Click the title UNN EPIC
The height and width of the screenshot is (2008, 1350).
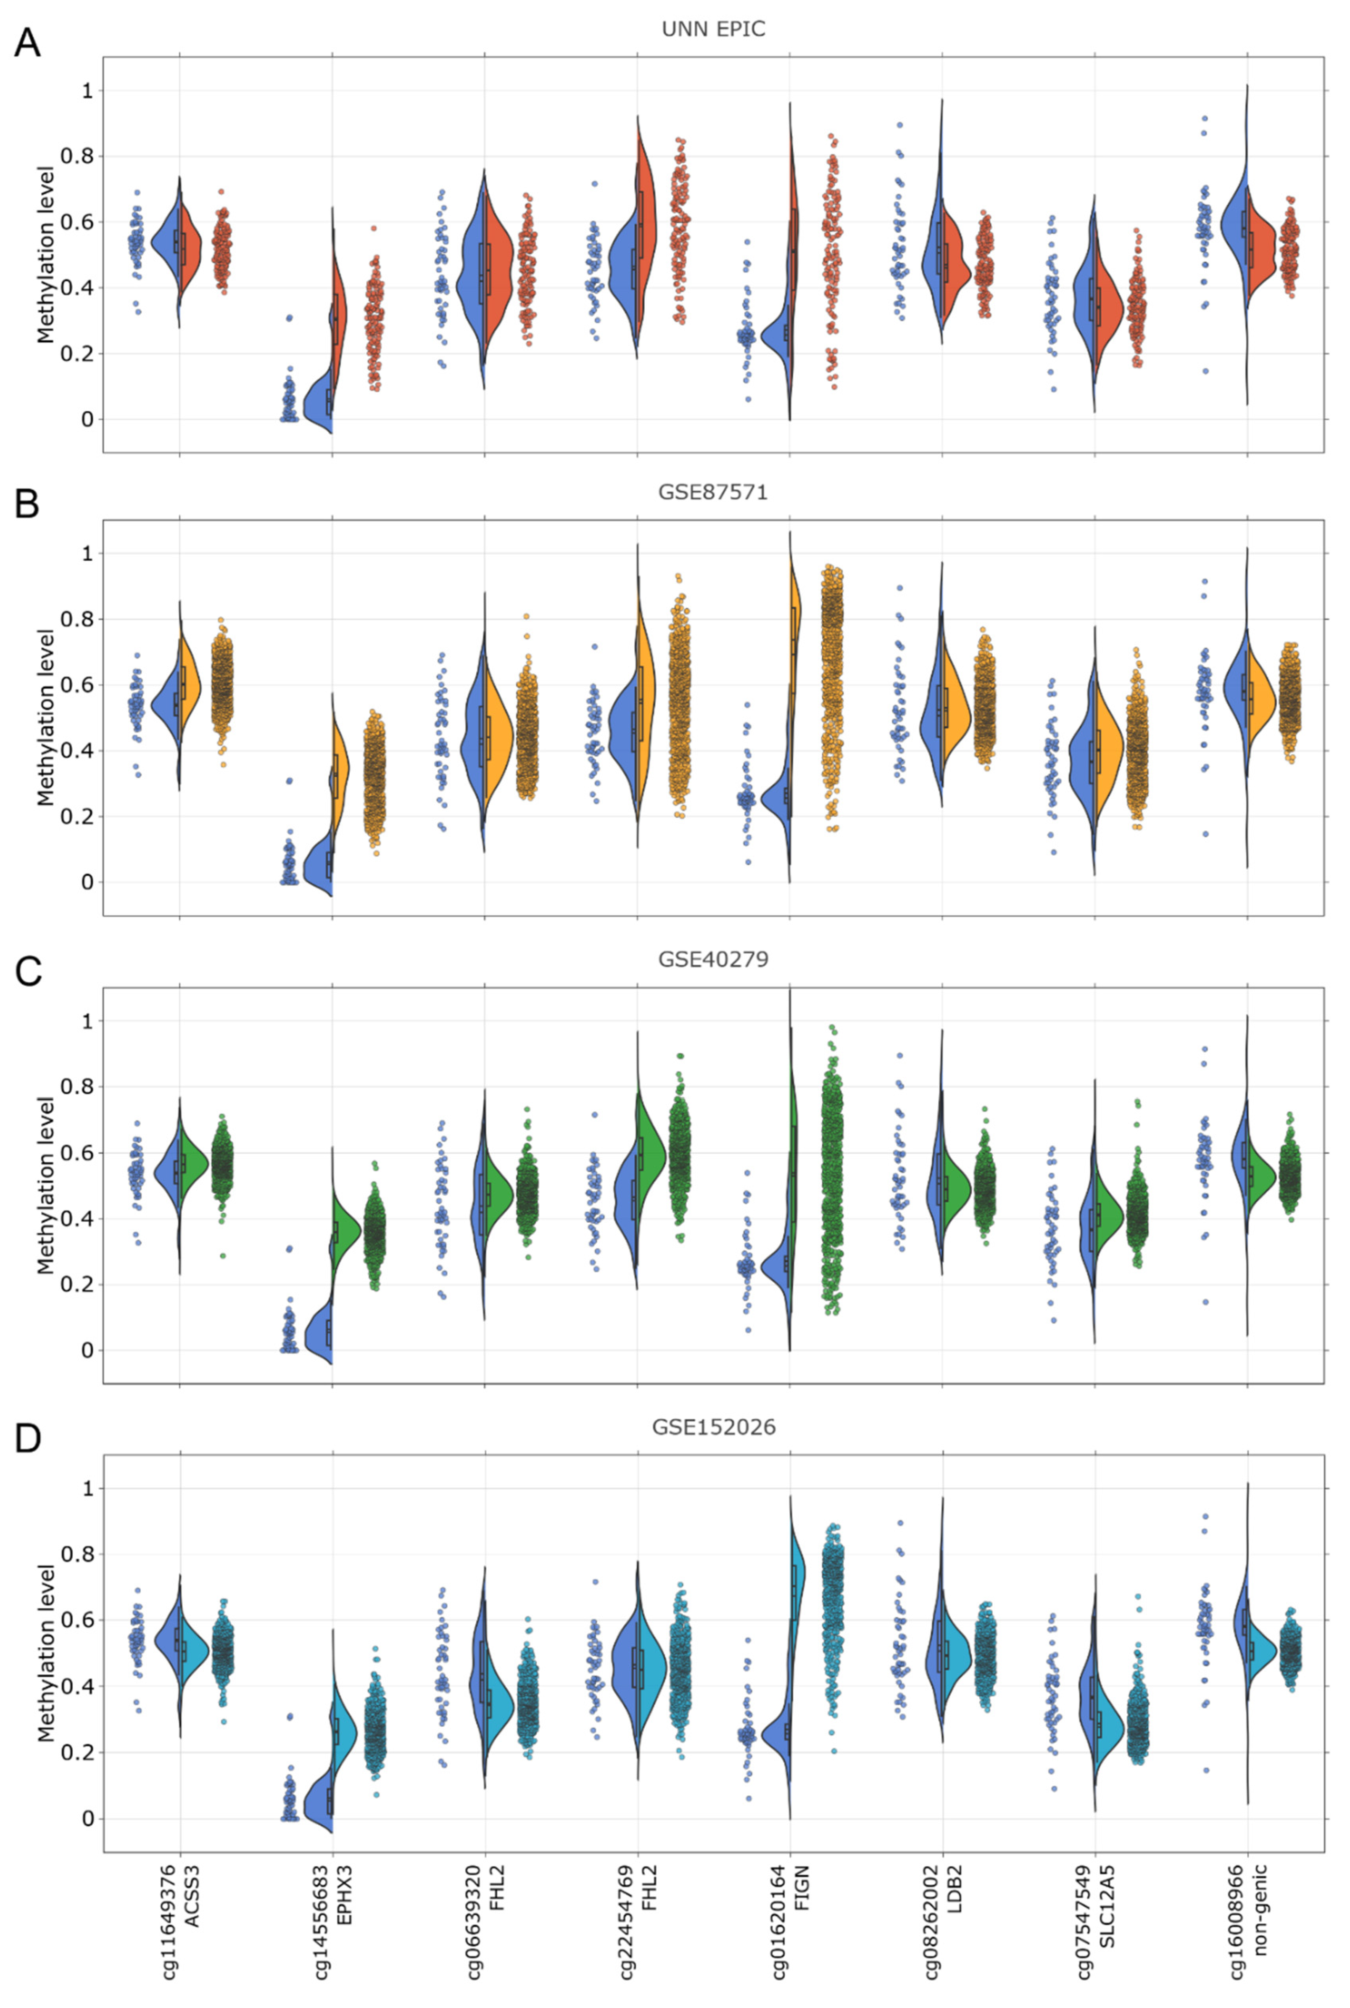[713, 29]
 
